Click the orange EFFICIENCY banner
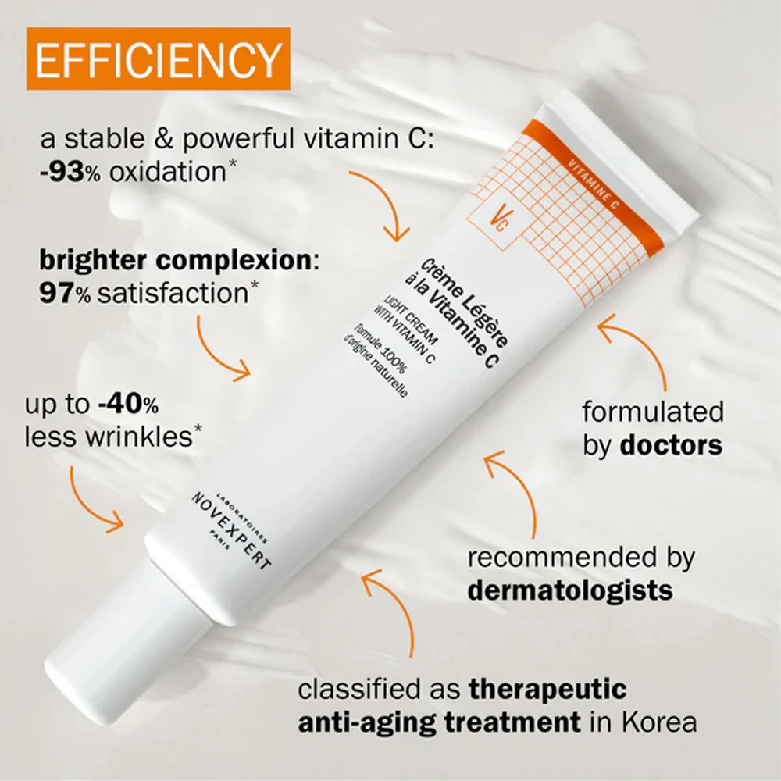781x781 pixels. click(159, 59)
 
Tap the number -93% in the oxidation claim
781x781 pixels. click(70, 173)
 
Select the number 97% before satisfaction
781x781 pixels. click(66, 293)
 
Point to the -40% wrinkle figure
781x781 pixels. click(129, 404)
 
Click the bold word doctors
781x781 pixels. click(671, 445)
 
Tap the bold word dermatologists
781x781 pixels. click(570, 590)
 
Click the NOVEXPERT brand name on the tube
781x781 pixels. click(232, 531)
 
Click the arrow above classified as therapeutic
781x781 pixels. click(396, 603)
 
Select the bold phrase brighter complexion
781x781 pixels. click(175, 260)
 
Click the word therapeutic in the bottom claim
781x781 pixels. click(547, 690)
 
